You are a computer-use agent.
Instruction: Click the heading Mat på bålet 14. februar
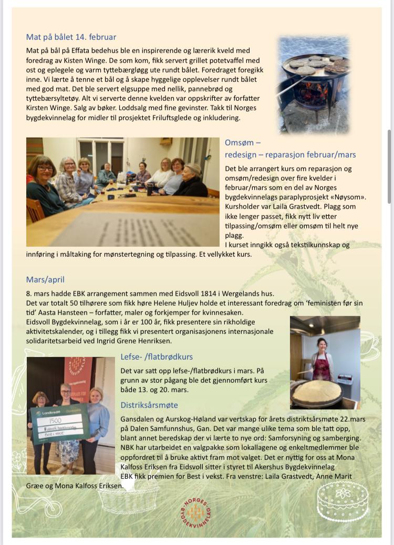71,37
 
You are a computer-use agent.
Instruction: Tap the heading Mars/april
45,280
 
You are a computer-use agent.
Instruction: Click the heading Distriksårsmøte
149,405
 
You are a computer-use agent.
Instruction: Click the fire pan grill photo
314,84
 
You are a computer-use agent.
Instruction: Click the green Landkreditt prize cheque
59,423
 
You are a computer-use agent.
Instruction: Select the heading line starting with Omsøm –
243,143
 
